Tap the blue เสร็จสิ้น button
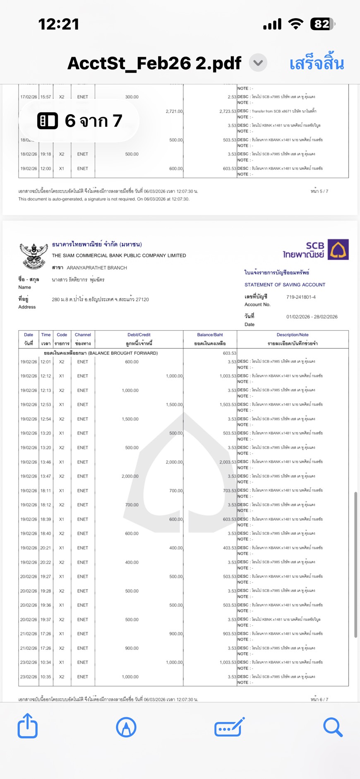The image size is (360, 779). click(x=317, y=63)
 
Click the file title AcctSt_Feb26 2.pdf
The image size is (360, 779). click(x=154, y=63)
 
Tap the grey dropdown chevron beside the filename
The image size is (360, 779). click(x=258, y=63)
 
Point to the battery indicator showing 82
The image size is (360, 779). click(x=322, y=24)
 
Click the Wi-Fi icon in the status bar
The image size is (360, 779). click(x=295, y=24)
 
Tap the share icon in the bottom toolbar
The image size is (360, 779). click(x=28, y=726)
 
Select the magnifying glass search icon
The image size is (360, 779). click(x=333, y=727)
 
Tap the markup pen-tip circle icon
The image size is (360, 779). click(x=126, y=727)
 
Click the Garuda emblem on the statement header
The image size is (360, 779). click(x=34, y=255)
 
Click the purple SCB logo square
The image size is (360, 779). click(x=338, y=250)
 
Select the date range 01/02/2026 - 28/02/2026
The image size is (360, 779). click(x=312, y=317)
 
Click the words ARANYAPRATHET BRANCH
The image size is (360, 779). click(x=97, y=268)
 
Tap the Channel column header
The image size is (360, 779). click(x=83, y=335)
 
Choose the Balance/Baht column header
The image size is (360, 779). click(x=210, y=335)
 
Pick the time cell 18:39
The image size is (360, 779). click(x=46, y=519)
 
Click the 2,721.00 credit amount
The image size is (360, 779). click(x=174, y=111)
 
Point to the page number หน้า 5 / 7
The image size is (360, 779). click(x=319, y=191)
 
